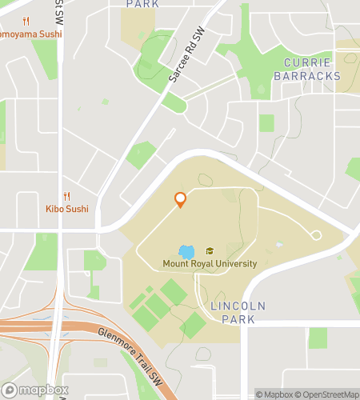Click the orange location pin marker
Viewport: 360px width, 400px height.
click(x=180, y=199)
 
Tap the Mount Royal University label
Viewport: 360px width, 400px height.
click(x=210, y=264)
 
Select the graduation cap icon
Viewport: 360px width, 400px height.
click(x=210, y=251)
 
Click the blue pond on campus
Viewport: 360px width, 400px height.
click(x=186, y=252)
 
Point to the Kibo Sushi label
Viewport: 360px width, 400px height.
click(x=66, y=210)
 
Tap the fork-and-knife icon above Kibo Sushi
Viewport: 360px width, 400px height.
click(x=66, y=196)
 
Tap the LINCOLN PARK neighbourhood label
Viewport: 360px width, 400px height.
click(x=232, y=313)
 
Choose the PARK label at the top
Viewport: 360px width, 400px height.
click(x=142, y=4)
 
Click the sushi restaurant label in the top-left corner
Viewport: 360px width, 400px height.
click(x=30, y=34)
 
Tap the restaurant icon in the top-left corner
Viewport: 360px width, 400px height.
click(x=26, y=22)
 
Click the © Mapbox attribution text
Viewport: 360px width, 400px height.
click(x=274, y=394)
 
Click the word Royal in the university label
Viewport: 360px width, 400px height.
click(x=210, y=264)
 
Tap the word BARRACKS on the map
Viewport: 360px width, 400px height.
click(x=307, y=76)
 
